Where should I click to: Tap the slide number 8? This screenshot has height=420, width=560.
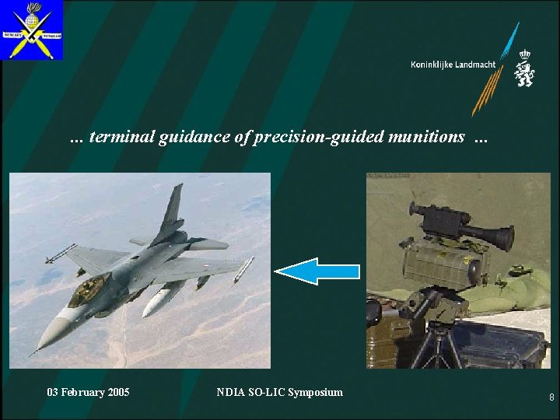(x=551, y=397)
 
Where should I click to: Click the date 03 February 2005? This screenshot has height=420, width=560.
(x=88, y=392)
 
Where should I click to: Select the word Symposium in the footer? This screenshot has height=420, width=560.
(x=315, y=392)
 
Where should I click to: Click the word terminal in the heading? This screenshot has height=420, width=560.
(x=122, y=137)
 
